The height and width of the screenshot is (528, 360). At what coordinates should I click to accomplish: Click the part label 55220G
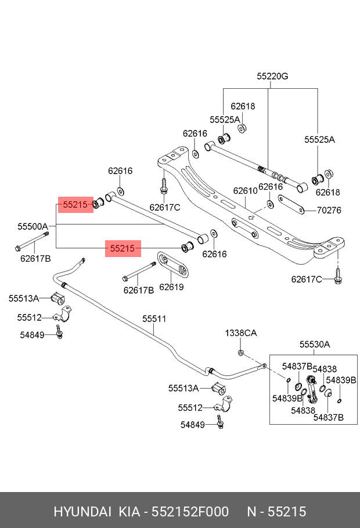(272, 77)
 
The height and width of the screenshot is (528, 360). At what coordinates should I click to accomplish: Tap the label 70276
(329, 210)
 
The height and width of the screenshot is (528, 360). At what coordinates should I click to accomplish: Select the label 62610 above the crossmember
(246, 190)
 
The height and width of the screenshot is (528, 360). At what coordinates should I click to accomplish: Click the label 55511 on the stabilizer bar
(154, 319)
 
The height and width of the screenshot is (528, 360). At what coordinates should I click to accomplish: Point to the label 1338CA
(241, 333)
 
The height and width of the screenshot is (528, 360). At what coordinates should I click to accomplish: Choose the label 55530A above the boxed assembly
(315, 345)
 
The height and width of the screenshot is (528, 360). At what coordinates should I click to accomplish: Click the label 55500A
(33, 227)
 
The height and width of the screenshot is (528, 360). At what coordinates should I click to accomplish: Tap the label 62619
(171, 287)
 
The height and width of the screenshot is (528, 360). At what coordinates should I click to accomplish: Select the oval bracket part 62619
(173, 266)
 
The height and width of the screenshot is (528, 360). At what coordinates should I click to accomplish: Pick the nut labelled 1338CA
(241, 353)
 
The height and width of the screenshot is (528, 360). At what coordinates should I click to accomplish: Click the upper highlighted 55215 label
(75, 204)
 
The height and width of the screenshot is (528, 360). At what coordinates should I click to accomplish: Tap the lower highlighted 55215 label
(123, 248)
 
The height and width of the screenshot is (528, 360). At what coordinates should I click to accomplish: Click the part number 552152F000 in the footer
(190, 512)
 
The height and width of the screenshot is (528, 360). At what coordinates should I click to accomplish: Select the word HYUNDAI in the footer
(82, 512)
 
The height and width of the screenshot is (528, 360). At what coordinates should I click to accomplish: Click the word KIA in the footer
(129, 512)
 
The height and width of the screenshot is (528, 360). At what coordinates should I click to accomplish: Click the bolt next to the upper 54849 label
(59, 332)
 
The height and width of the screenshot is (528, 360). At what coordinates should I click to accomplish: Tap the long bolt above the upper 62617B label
(32, 241)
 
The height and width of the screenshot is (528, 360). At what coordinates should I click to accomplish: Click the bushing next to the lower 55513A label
(218, 388)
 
